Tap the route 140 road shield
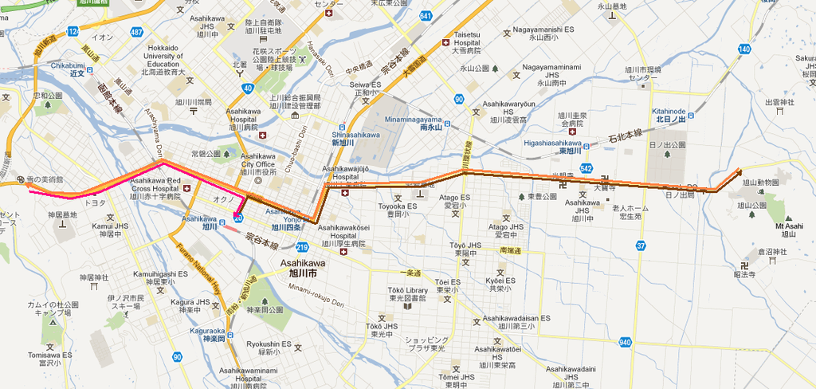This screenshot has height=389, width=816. pyautogui.click(x=743, y=49)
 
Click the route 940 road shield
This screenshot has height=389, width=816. pyautogui.click(x=625, y=342)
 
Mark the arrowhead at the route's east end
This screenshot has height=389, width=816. pyautogui.click(x=739, y=171)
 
